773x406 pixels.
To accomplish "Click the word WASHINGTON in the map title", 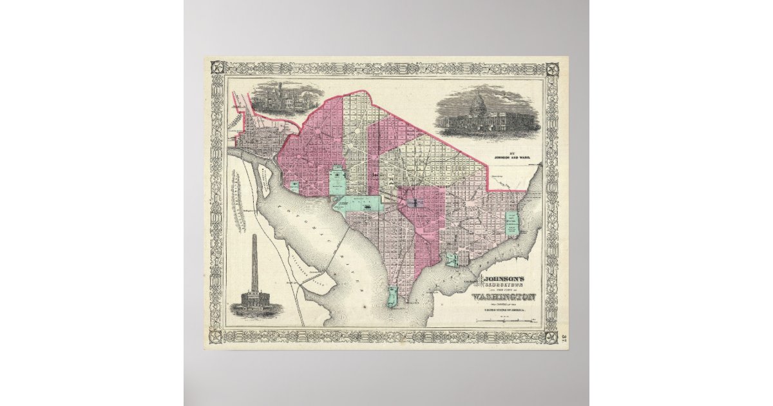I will point(504,297).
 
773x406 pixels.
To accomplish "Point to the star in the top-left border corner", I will point(214,67).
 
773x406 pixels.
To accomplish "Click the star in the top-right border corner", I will point(554,68).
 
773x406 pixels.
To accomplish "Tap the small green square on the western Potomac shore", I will point(294,186).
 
